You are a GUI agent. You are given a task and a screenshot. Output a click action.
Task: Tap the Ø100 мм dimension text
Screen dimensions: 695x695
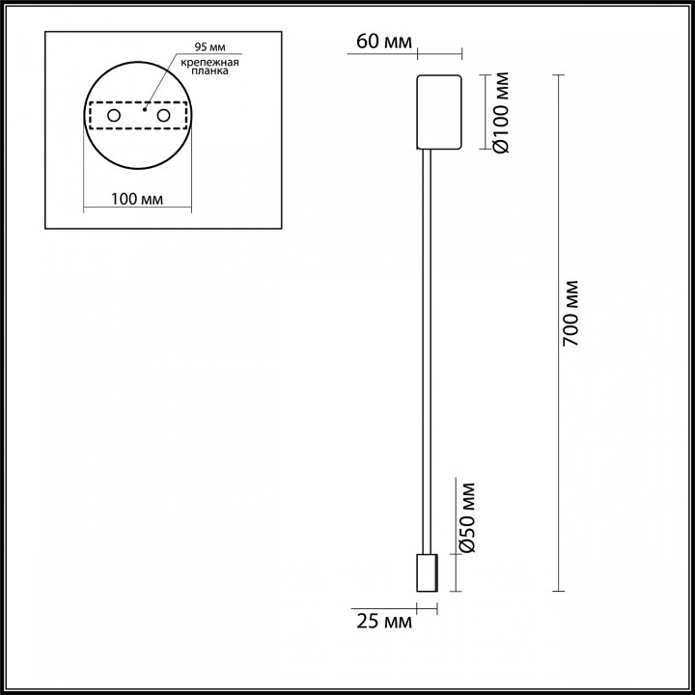click(500, 112)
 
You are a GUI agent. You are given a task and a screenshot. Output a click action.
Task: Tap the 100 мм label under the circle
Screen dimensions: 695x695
click(137, 199)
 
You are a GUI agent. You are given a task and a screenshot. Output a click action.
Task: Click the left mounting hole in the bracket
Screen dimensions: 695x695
click(113, 116)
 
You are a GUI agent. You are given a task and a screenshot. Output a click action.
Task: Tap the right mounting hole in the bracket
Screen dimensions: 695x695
click(163, 116)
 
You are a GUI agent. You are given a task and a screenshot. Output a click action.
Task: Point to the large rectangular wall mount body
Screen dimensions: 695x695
click(439, 111)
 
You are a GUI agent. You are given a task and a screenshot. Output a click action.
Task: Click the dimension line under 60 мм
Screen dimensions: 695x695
click(405, 53)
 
